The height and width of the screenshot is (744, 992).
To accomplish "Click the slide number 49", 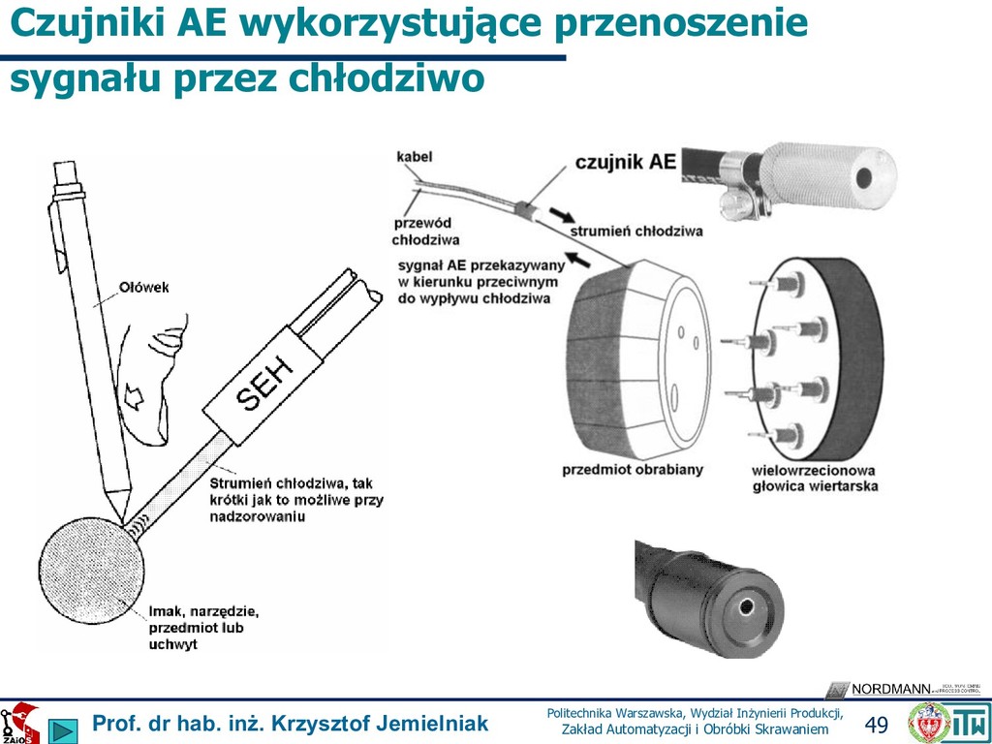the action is (876, 725).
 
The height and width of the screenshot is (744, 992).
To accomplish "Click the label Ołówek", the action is (144, 287).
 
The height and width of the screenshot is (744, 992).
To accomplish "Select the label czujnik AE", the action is (625, 161).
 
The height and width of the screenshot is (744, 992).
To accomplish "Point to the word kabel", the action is (414, 155).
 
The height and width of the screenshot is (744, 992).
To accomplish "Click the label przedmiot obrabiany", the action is (633, 470).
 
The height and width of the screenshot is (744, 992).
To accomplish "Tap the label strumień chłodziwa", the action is (635, 232).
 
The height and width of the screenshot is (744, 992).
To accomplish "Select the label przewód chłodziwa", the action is (425, 231).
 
